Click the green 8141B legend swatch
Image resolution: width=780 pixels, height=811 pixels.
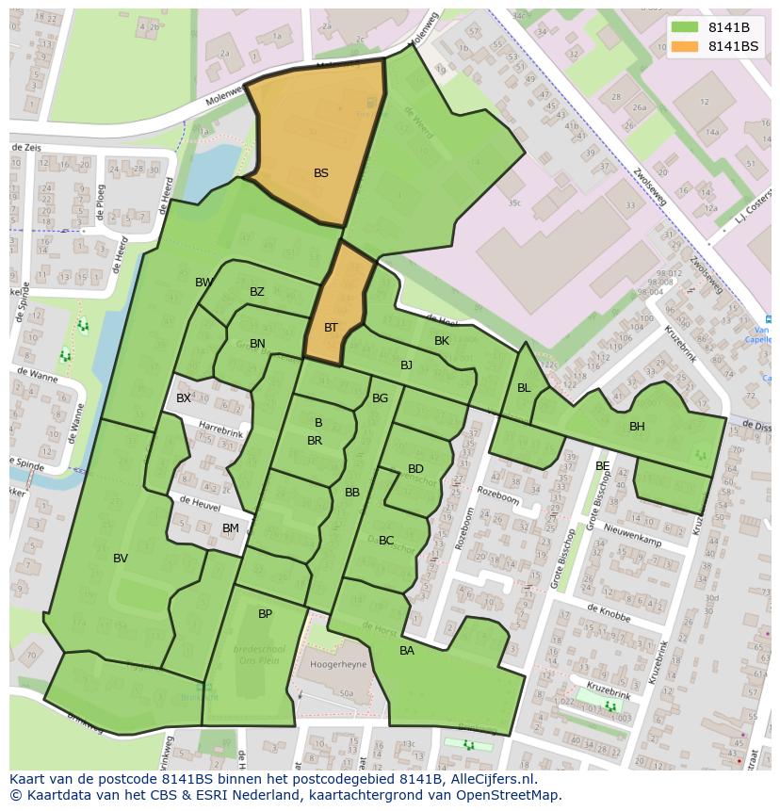(685, 26)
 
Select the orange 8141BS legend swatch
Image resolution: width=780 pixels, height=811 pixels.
(685, 46)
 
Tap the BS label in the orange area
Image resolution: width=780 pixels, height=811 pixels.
(321, 173)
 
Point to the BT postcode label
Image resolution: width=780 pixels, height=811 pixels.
(331, 328)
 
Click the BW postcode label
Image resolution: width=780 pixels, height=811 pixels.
(203, 283)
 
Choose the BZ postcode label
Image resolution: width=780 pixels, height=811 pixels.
(257, 292)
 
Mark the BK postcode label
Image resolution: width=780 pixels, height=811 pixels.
(442, 341)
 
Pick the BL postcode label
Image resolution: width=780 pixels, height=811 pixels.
(524, 388)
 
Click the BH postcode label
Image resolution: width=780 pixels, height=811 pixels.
(637, 427)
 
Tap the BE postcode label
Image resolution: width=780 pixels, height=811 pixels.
(602, 466)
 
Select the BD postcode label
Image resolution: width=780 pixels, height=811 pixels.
(415, 469)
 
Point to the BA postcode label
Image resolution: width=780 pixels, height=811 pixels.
(407, 651)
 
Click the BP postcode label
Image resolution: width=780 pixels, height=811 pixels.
(265, 614)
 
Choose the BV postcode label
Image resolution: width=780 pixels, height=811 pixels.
(121, 559)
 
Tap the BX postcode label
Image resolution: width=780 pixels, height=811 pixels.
(184, 398)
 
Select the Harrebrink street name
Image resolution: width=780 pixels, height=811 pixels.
(220, 430)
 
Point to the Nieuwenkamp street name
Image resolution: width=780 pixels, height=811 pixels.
(634, 536)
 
